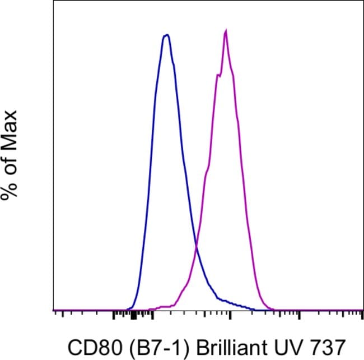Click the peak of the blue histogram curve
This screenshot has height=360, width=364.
(x=166, y=35)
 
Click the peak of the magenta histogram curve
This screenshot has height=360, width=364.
(x=225, y=31)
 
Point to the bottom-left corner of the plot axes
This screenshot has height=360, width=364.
(x=53, y=310)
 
